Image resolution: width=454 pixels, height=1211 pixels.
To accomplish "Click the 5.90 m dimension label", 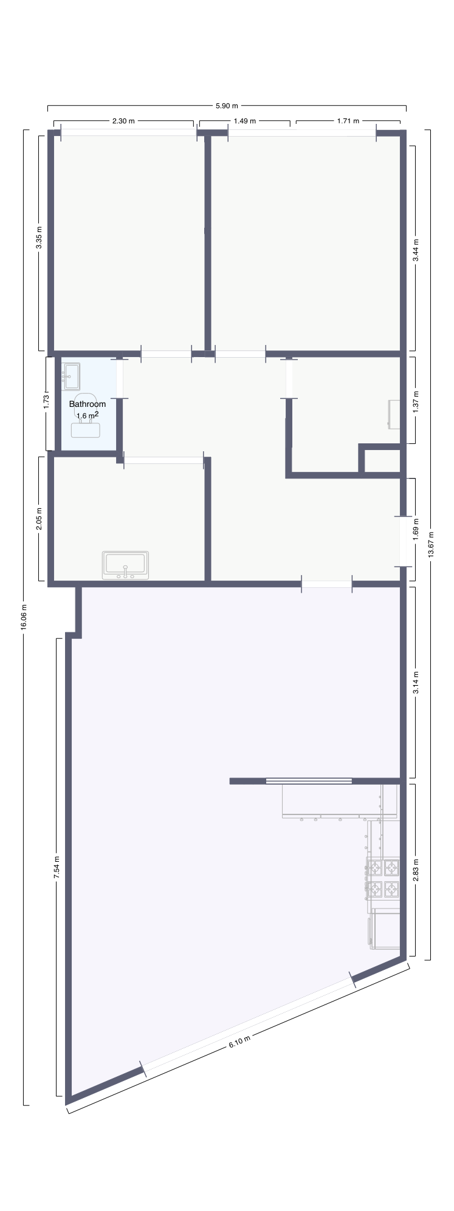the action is coord(227,106).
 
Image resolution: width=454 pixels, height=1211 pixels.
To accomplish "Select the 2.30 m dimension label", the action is coord(123,121).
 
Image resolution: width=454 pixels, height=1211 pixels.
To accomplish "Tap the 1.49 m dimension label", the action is coord(245,121).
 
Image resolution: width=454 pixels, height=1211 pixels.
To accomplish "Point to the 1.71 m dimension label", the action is coord(348,121).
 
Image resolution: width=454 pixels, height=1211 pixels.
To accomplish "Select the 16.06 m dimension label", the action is coord(24,618).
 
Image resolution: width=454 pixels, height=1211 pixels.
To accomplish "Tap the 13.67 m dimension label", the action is coord(432,545).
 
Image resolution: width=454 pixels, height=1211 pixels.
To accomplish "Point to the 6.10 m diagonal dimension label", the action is coord(239,1044).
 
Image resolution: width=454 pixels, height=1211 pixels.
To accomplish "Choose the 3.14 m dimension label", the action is coord(416,683).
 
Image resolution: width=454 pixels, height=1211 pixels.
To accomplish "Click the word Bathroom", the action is coord(88,404).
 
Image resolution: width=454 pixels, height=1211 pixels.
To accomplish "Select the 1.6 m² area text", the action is coord(88,415).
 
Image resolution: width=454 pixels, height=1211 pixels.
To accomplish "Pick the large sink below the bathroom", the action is coord(126,565).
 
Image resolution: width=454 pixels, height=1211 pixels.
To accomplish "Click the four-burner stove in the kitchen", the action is coord(383,878).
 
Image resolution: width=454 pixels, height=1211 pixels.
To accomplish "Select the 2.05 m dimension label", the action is coord(39,519).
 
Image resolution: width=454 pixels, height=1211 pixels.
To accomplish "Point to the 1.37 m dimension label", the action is coord(416,401).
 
